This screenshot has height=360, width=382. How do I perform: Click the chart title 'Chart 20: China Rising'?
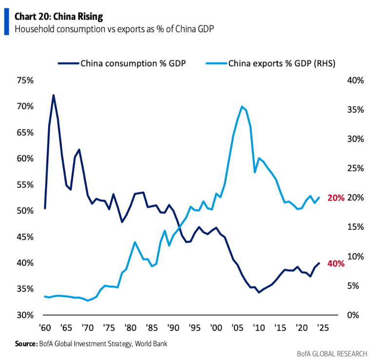[x=58, y=17]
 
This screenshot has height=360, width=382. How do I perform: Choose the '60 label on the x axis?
[x=45, y=329]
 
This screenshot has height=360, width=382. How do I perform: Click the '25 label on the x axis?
[x=322, y=329]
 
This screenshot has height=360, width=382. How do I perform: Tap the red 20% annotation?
[x=336, y=198]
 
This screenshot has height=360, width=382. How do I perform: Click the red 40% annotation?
[x=336, y=264]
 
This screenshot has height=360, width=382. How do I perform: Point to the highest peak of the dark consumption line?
[x=53, y=95]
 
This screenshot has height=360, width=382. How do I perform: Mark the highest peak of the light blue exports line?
[x=242, y=106]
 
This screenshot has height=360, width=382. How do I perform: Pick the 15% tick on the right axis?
[x=356, y=227]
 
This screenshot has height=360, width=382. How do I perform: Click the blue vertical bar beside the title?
[x=6, y=22]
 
